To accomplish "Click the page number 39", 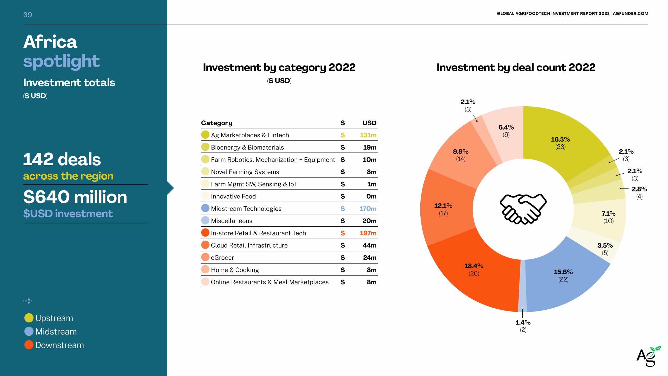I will pos(27,15).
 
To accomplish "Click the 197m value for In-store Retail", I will pos(368,233).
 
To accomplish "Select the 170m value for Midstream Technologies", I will pos(368,209).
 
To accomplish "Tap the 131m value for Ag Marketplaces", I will pos(368,135).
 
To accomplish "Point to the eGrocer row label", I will pos(222,258).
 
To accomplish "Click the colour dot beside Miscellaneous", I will pos(205,221).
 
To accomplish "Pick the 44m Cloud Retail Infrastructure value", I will pos(369,245).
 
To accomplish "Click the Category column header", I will pos(217,123).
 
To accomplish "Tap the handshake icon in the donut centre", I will pos(523,209).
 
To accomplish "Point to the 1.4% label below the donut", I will pos(523,322).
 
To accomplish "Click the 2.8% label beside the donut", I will pos(639,189).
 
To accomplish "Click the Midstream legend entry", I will pos(56,332).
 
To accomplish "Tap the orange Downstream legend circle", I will pos(29,345).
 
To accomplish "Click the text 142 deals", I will pos(62,159).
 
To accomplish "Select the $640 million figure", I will pos(75,197).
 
